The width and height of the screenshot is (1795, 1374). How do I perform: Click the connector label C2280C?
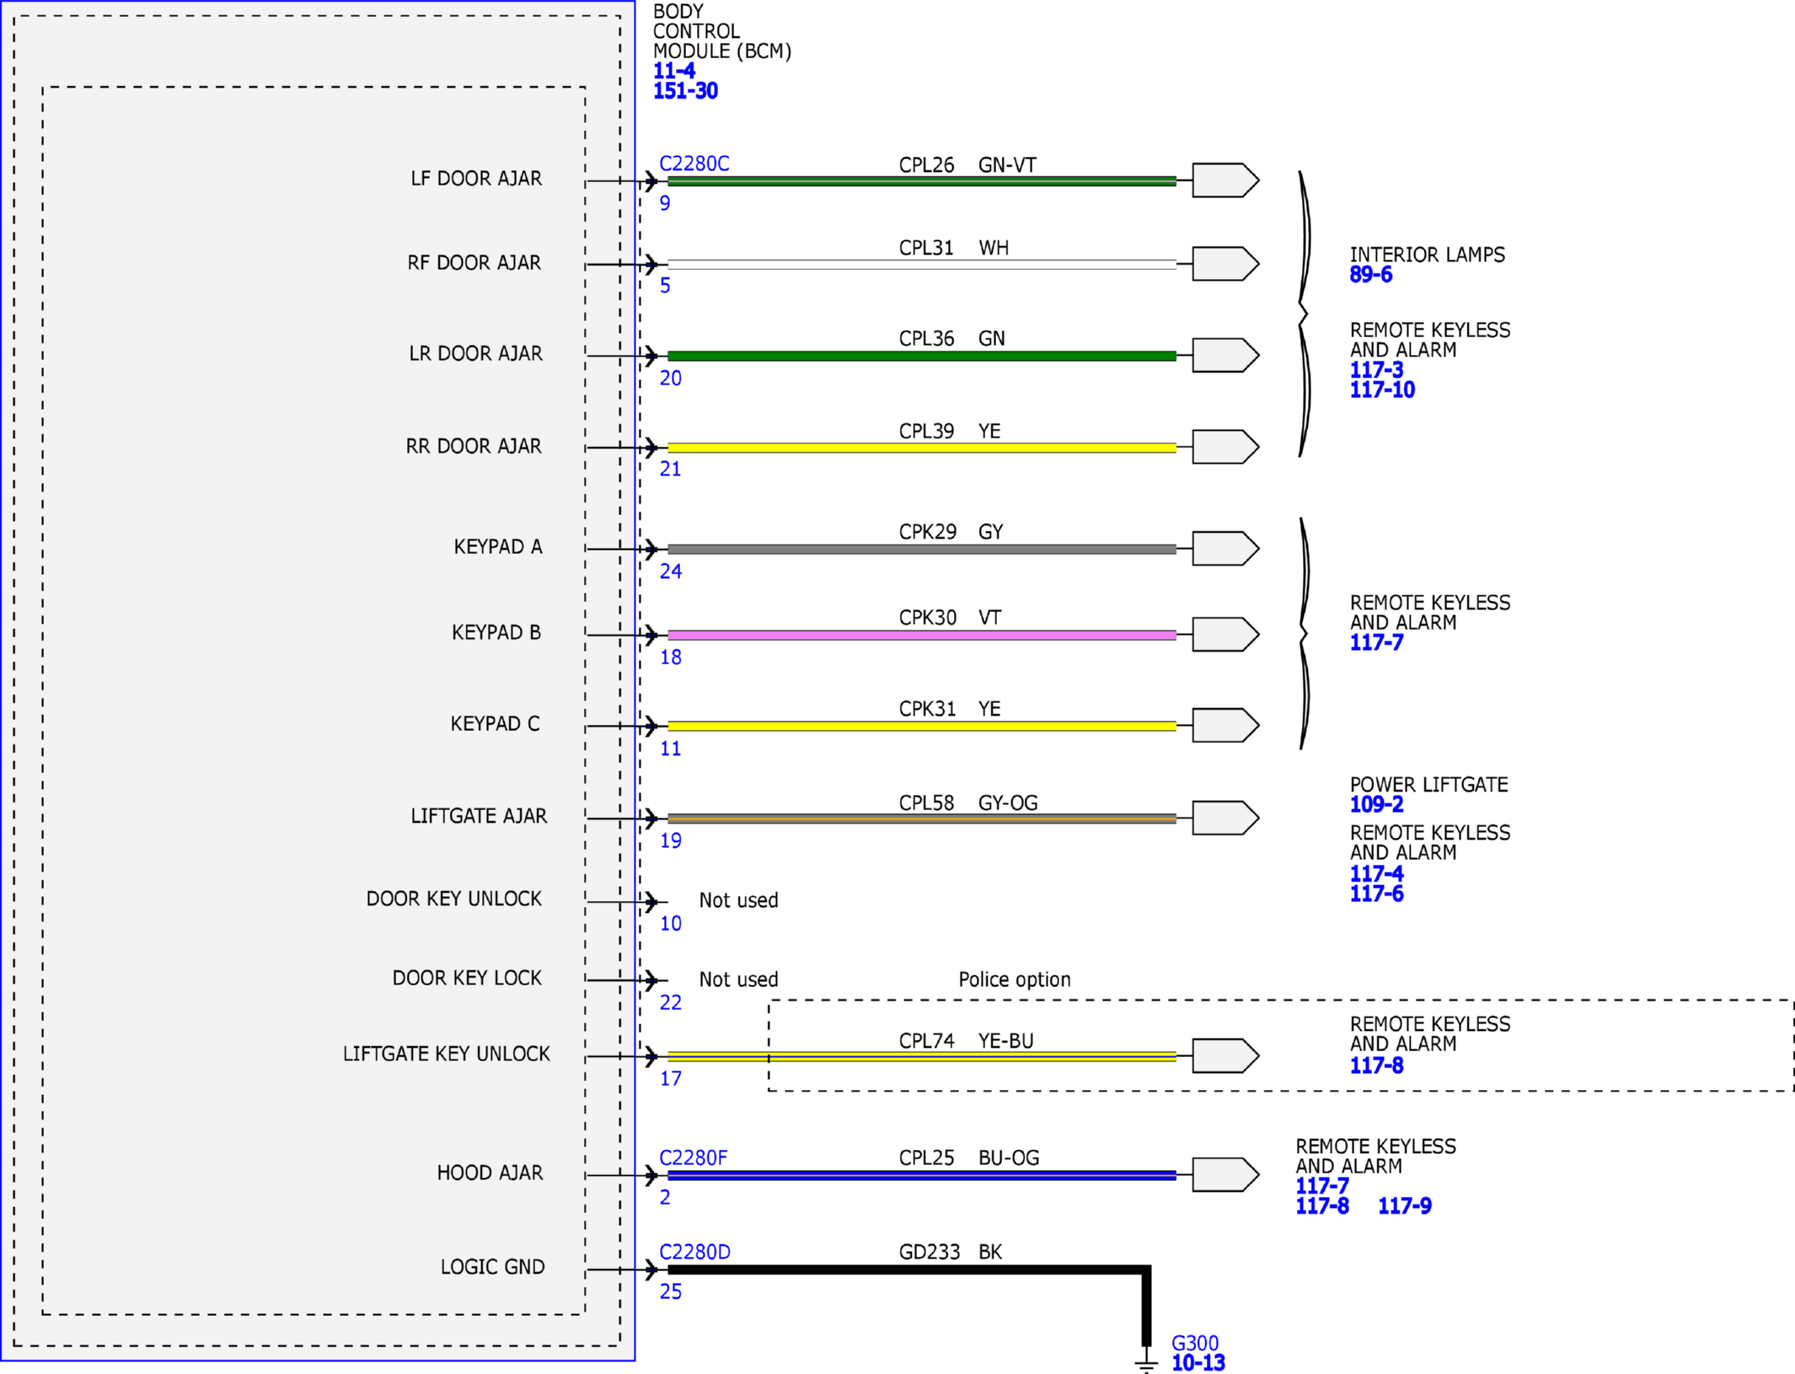(694, 164)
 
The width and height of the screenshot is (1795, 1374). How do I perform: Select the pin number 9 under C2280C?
(665, 203)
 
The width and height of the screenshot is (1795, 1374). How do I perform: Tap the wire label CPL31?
(926, 248)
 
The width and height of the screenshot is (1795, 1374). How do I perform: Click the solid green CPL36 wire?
(922, 356)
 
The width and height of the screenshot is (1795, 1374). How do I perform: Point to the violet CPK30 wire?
(922, 635)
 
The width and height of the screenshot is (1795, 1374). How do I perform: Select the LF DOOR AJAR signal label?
(476, 179)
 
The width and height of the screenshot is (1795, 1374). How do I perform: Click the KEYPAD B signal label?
(496, 632)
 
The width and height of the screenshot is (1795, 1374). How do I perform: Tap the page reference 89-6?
(1371, 275)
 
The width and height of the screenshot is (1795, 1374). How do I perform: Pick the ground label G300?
(1195, 1343)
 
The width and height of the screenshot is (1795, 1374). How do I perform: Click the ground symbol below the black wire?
(1146, 1360)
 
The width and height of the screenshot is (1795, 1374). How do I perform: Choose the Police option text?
(1015, 980)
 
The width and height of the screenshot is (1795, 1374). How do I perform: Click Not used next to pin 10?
(738, 900)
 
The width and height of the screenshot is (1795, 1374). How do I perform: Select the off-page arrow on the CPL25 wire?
(1225, 1174)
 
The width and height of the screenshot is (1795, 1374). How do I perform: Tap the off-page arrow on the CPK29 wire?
(1225, 548)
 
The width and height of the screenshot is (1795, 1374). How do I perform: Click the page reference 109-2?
(1376, 805)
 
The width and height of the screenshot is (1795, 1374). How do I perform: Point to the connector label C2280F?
(693, 1158)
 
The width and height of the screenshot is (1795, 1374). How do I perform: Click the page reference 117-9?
(1404, 1206)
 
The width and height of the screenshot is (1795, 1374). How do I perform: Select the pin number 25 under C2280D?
(671, 1291)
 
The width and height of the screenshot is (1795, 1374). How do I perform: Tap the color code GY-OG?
(1008, 802)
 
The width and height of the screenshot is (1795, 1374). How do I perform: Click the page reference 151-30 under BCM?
(685, 91)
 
